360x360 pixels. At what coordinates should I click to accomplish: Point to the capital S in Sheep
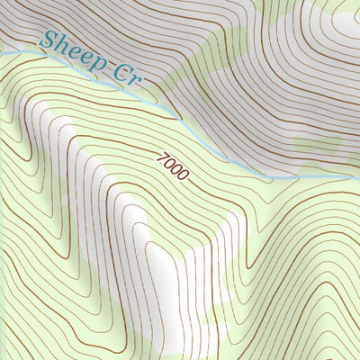point(49,41)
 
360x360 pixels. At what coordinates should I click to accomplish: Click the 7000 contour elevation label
point(172,166)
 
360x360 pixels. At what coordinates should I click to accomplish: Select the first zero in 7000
point(168,164)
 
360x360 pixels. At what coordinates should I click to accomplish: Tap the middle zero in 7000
point(175,169)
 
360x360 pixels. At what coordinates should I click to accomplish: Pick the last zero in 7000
point(182,175)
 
